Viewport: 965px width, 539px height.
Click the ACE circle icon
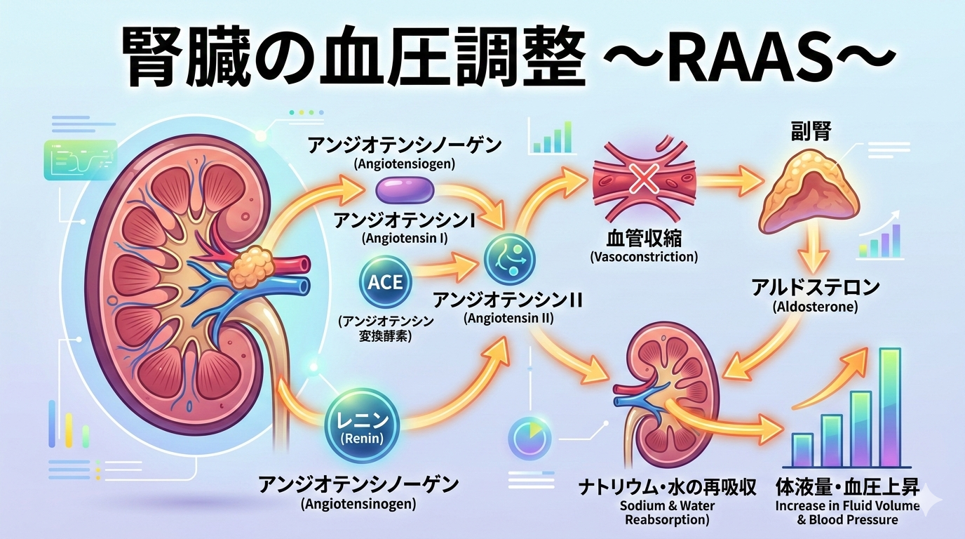point(385,282)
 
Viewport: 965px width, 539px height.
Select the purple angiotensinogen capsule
point(405,191)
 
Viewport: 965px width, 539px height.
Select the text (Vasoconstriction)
point(644,257)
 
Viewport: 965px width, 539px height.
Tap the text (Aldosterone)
point(815,307)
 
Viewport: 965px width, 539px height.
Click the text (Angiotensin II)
point(508,318)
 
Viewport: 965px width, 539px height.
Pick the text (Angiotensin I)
point(405,238)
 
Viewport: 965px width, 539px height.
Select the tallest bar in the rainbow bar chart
point(889,407)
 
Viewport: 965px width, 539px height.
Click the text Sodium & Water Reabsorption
point(666,513)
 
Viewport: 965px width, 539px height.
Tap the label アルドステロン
point(815,288)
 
